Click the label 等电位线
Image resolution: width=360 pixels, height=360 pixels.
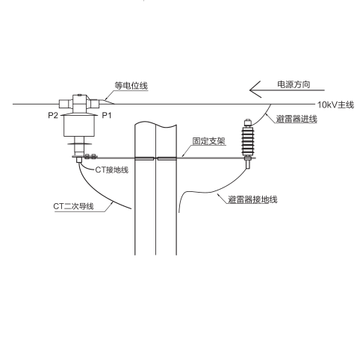[x=131, y=85]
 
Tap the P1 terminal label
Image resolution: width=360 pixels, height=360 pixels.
[x=107, y=115]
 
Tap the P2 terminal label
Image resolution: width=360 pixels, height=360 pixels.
[x=53, y=115]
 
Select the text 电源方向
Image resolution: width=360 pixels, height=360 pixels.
[x=294, y=84]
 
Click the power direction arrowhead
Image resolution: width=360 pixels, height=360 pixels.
[x=255, y=90]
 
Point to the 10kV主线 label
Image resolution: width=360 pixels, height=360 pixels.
[x=335, y=105]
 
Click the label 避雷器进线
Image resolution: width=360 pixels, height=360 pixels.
[x=297, y=119]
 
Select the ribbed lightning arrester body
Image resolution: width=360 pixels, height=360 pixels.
[x=247, y=140]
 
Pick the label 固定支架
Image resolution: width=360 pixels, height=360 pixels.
[x=209, y=141]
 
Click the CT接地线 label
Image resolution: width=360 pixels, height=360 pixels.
[x=112, y=170]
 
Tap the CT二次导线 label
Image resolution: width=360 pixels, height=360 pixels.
[x=73, y=206]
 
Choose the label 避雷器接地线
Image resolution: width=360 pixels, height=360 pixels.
[x=252, y=199]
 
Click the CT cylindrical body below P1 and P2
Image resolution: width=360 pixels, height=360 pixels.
[x=79, y=126]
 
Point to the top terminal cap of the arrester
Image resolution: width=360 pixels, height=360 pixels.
[x=247, y=122]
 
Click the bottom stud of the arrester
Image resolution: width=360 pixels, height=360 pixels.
[x=247, y=164]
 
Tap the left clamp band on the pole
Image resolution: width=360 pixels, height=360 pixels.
[x=145, y=158]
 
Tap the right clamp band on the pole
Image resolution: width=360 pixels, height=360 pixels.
[x=167, y=158]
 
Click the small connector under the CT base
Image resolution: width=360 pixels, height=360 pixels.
[x=79, y=160]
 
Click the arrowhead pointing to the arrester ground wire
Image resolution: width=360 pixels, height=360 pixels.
[x=219, y=195]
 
